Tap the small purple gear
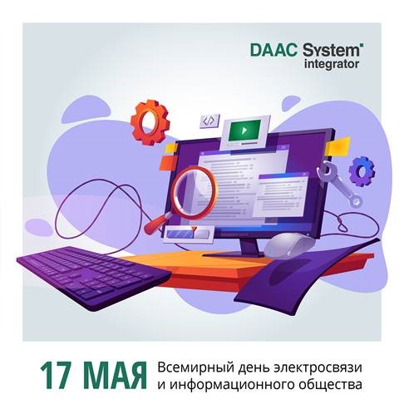click(362, 171)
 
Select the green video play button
click(243, 130)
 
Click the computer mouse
click(293, 244)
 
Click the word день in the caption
click(252, 367)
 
